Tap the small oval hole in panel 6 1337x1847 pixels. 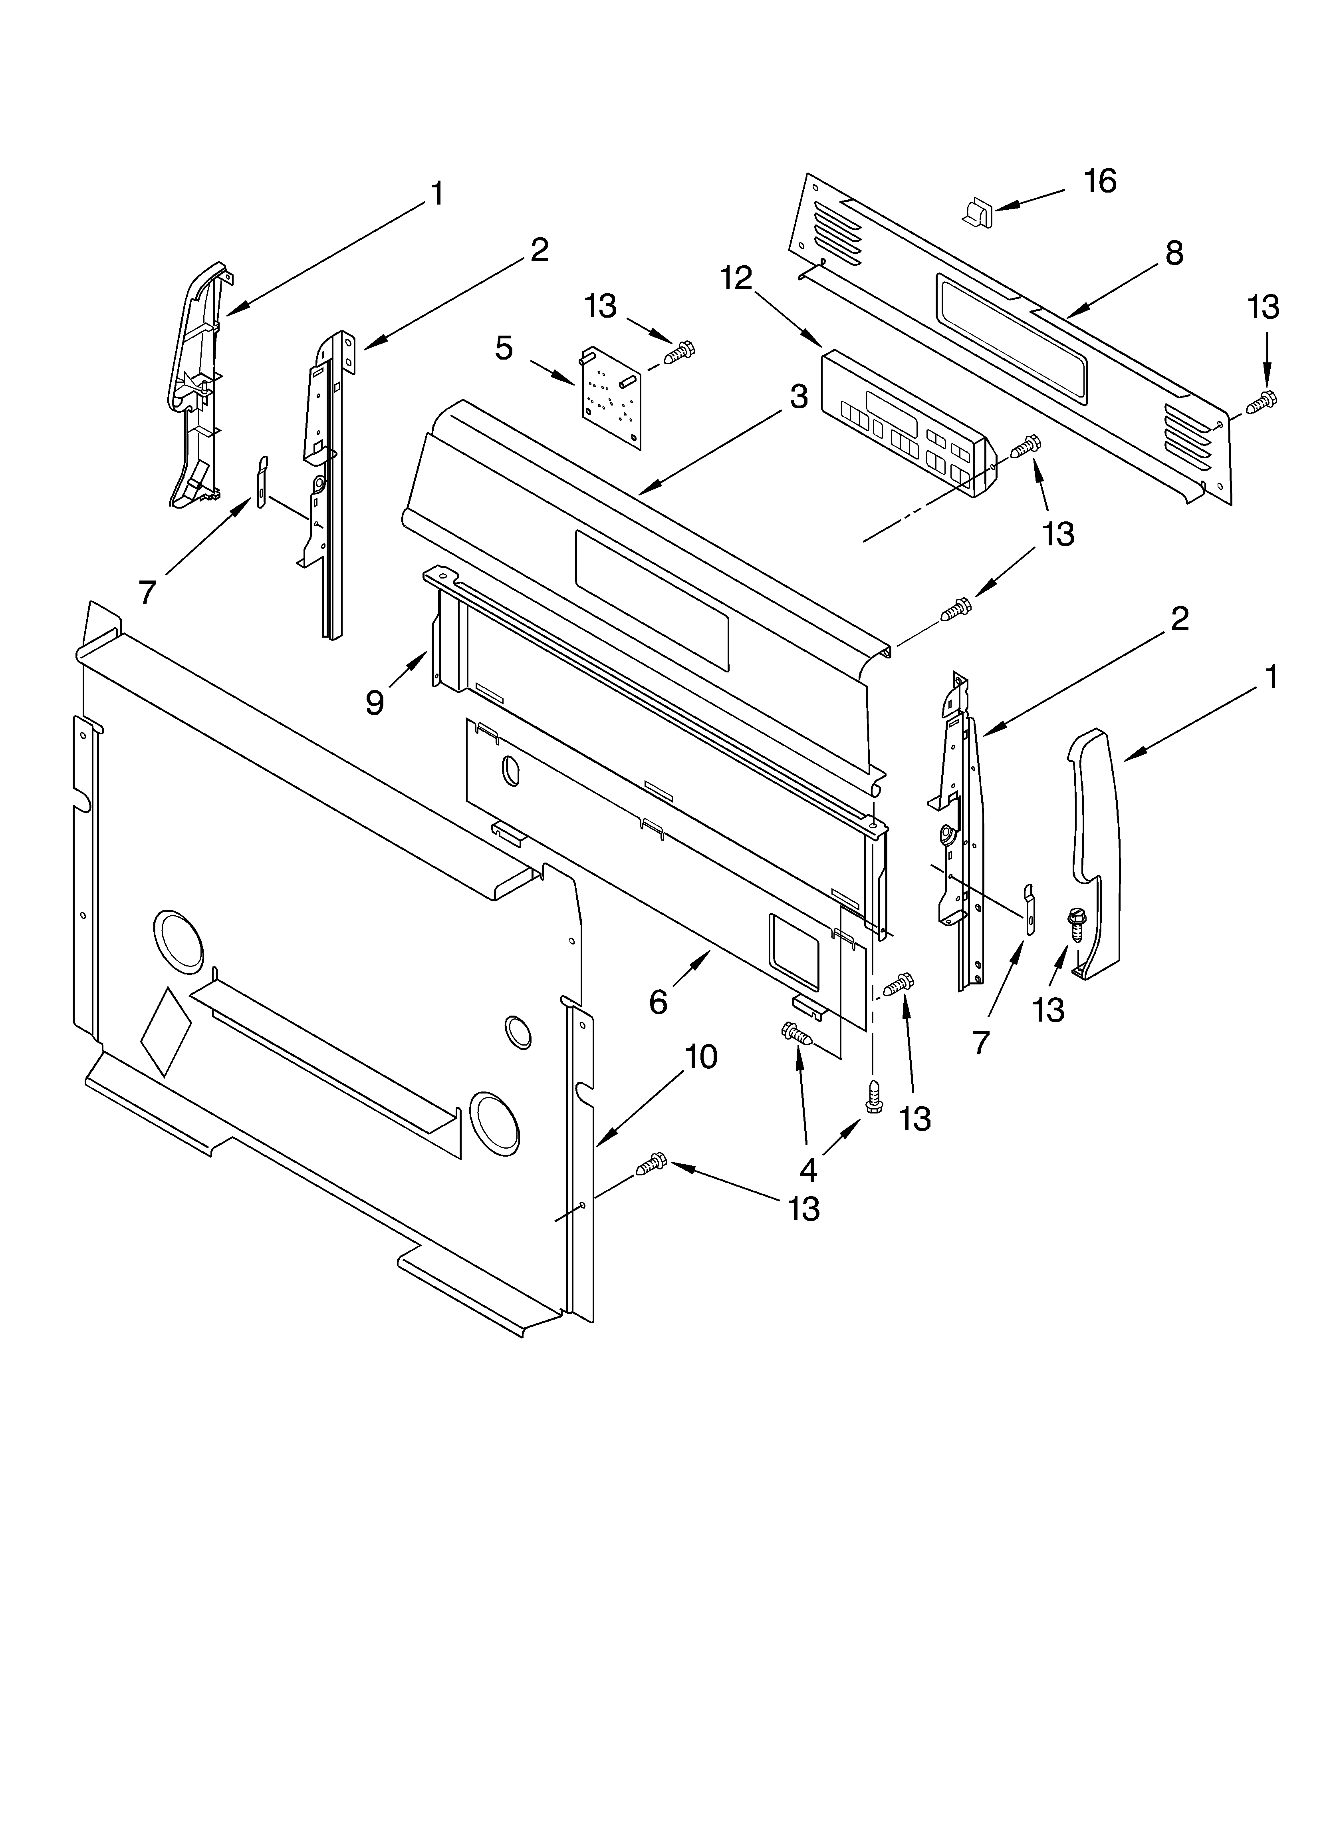click(x=510, y=770)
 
